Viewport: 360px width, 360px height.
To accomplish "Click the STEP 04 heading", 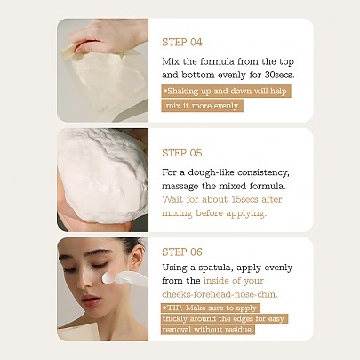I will (182, 42).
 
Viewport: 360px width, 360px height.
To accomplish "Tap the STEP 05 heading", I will (182, 152).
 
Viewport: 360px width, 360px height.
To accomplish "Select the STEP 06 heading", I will (182, 252).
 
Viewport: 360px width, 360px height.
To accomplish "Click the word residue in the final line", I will (236, 329).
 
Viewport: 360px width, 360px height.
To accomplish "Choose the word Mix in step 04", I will (172, 61).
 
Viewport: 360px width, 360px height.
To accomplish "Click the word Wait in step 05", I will (173, 200).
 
